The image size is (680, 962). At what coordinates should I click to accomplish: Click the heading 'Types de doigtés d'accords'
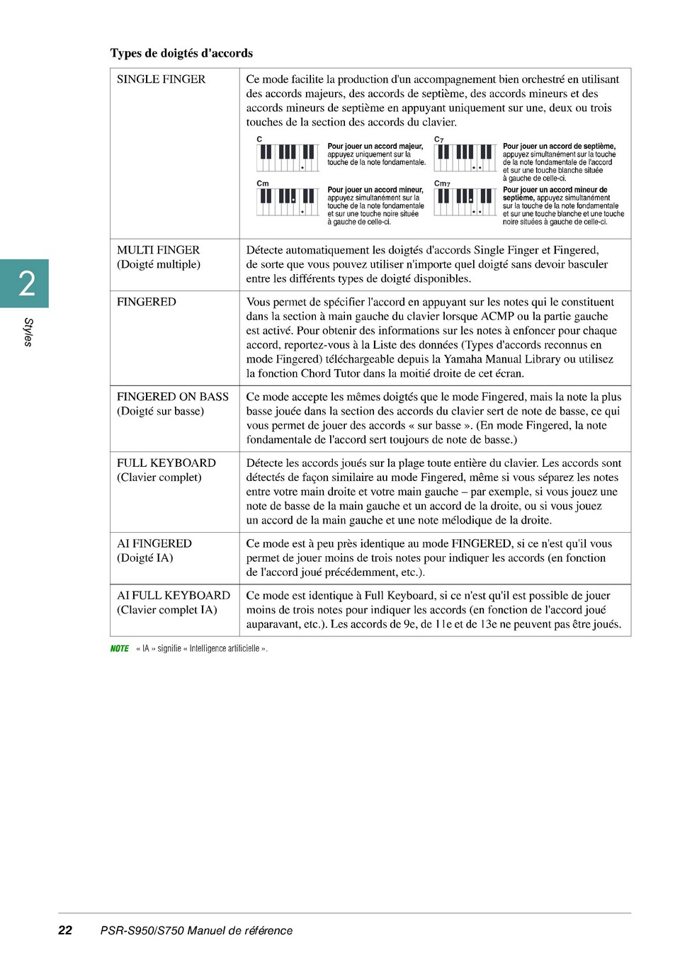[x=181, y=53]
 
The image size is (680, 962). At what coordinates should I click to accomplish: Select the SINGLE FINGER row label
[x=161, y=79]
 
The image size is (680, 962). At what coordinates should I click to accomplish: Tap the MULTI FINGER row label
[x=158, y=250]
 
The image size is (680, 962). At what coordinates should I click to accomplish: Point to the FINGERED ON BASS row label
[x=173, y=397]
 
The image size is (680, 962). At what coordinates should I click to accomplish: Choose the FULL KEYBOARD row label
[x=166, y=463]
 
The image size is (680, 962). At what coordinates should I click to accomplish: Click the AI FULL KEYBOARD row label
[x=174, y=596]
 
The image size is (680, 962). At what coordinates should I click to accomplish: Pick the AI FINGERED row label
[x=154, y=544]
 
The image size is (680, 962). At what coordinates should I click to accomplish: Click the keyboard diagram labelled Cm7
[x=465, y=202]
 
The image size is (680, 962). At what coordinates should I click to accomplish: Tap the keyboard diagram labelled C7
[x=465, y=157]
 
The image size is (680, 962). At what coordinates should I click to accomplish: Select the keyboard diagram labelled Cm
[x=288, y=202]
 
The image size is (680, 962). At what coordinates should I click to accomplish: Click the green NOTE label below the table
[x=120, y=649]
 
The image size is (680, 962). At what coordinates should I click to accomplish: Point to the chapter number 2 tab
[x=26, y=283]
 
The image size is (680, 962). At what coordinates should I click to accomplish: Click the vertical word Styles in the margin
[x=28, y=332]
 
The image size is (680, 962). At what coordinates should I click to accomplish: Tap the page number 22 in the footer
[x=65, y=931]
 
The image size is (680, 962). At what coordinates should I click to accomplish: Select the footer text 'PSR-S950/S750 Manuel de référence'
[x=196, y=931]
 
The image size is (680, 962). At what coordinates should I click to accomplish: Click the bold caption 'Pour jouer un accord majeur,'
[x=375, y=147]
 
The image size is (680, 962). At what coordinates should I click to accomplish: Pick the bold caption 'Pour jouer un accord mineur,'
[x=375, y=190]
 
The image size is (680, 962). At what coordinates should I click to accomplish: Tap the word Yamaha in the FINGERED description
[x=463, y=359]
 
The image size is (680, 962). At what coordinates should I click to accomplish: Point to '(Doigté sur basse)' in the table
[x=160, y=412]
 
